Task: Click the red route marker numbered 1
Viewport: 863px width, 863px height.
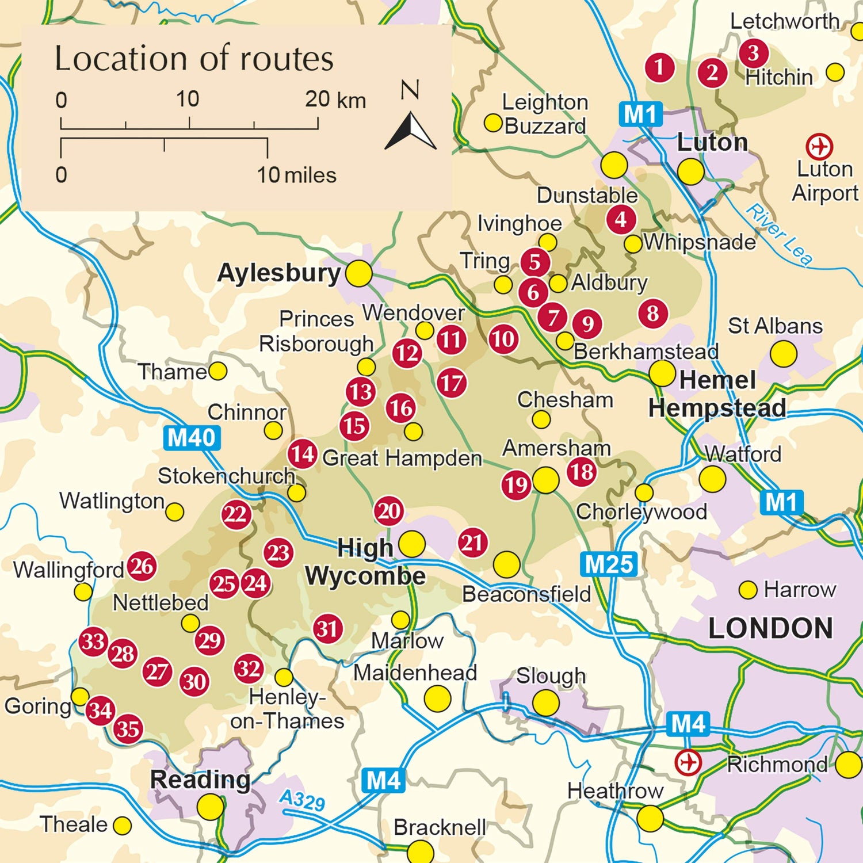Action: [x=659, y=67]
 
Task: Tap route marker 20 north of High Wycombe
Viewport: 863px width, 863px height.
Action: [x=389, y=511]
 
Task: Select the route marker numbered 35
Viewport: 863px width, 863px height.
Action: [x=128, y=729]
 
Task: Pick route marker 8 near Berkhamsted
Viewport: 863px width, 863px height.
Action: [x=653, y=314]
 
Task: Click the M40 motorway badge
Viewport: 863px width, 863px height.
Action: [x=192, y=438]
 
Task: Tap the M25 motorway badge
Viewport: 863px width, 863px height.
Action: [x=609, y=564]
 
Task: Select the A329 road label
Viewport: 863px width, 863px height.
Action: [x=302, y=800]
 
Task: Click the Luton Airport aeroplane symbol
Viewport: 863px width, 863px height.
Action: [x=819, y=146]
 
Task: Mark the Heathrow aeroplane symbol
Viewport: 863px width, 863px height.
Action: [x=688, y=763]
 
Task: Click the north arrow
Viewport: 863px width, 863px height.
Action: [x=410, y=130]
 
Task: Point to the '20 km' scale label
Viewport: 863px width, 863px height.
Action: [x=335, y=100]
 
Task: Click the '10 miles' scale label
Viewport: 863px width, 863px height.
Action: [x=296, y=175]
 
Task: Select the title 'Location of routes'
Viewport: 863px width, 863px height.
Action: [x=194, y=59]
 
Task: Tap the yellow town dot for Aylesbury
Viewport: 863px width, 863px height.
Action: [x=358, y=273]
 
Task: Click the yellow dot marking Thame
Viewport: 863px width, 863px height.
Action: [x=217, y=371]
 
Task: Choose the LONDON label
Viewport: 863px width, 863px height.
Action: [x=770, y=628]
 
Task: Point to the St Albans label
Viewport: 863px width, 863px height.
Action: [x=775, y=326]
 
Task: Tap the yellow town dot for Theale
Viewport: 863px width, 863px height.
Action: [x=122, y=826]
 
